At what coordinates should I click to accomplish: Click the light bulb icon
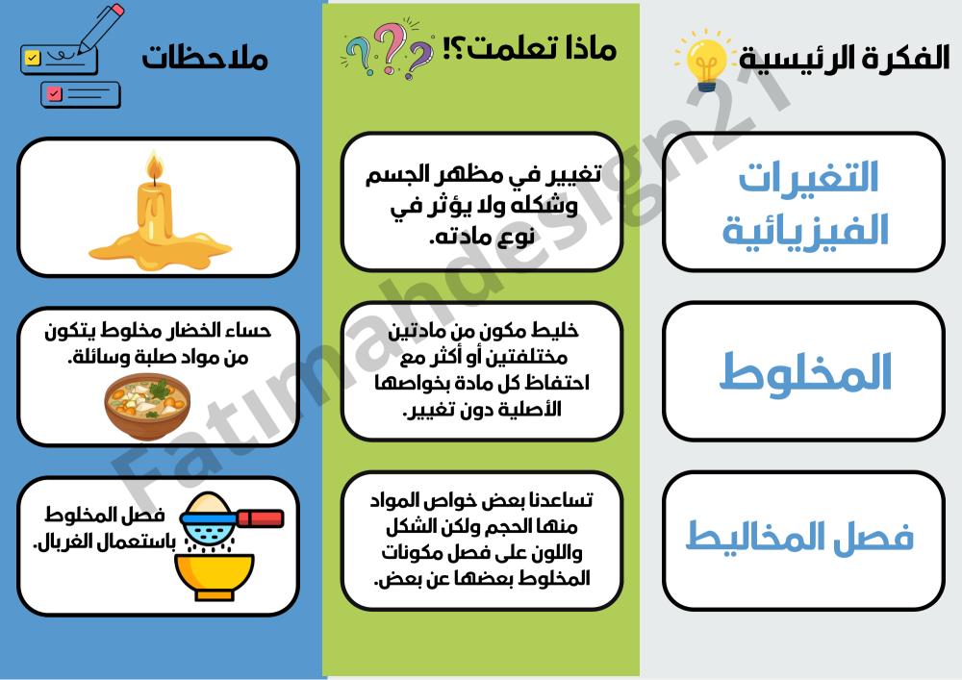pos(705,63)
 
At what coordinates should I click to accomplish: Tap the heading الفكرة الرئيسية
pos(845,59)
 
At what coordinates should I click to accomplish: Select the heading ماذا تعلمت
pos(530,48)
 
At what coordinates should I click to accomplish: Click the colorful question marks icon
pos(387,49)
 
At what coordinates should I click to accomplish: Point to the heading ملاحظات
pos(205,57)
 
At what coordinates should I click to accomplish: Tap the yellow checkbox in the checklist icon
pos(32,58)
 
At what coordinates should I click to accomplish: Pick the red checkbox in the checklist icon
pos(55,94)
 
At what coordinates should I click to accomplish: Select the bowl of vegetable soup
pos(147,406)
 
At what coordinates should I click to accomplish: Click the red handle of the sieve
pos(260,518)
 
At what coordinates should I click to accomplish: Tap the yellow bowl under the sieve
pos(215,576)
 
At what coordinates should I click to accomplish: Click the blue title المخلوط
pos(805,371)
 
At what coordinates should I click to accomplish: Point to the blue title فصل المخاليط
pos(799,537)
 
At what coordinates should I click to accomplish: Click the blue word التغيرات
pos(808,177)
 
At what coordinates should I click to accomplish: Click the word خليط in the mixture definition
pos(556,331)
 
